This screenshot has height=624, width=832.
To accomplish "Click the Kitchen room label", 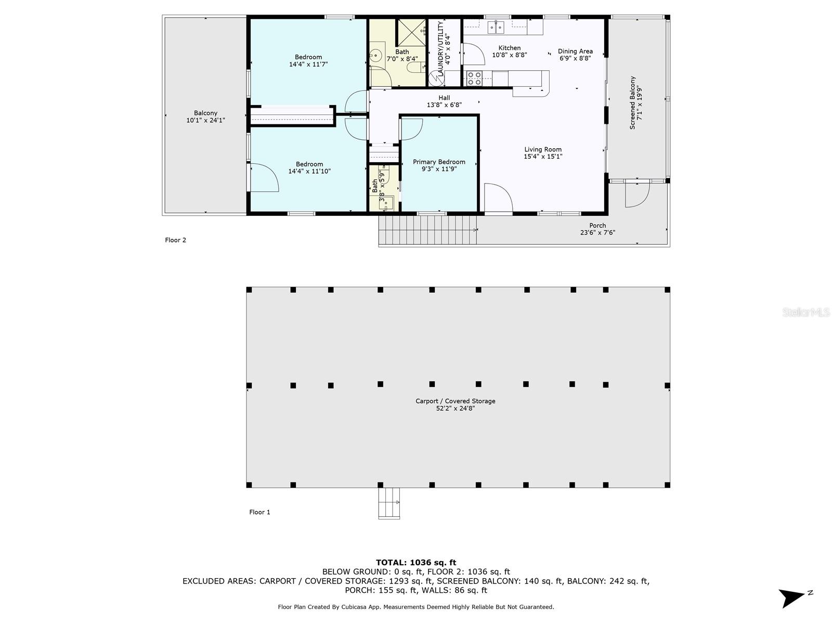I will (x=509, y=48).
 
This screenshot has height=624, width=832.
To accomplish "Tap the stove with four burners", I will (x=474, y=78).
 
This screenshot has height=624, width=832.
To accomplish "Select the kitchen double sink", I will (x=496, y=27).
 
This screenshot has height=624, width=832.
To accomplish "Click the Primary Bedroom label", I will (x=439, y=162).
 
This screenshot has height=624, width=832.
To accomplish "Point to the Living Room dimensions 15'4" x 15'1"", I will (x=543, y=157).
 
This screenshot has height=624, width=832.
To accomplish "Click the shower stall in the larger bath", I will (x=412, y=32).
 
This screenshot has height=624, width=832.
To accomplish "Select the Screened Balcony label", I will (x=632, y=102).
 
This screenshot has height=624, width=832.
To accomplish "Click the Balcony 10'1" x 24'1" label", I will (x=205, y=116).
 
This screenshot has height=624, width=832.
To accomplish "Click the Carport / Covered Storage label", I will (x=455, y=405).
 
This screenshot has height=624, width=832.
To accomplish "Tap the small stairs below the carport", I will (x=389, y=503).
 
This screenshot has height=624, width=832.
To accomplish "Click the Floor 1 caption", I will (x=259, y=512).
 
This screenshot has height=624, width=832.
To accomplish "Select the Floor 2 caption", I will (x=175, y=240).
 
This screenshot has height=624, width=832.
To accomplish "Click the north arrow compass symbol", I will (x=794, y=597).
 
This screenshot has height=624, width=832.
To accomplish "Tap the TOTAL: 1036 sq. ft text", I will (x=415, y=562).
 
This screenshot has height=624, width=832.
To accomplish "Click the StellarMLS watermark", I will (x=806, y=313).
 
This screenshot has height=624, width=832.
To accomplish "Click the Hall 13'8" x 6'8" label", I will (x=444, y=101).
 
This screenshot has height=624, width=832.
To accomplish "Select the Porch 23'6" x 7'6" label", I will (x=597, y=229).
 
